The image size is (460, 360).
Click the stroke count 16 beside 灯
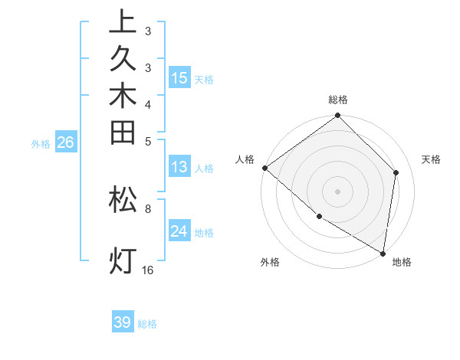[148, 270]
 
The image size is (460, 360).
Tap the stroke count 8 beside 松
[148, 208]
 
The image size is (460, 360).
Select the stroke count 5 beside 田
[148, 141]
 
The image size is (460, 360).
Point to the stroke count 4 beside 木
[148, 103]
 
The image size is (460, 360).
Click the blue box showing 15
[179, 78]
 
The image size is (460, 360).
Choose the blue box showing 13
[179, 167]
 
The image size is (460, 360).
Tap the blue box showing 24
[179, 231]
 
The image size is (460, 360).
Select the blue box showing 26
[66, 142]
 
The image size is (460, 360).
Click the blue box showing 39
[123, 322]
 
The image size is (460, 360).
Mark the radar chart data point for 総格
[338, 116]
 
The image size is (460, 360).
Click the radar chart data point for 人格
[264, 168]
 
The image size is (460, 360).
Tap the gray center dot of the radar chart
[338, 191]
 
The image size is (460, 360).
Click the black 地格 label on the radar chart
[402, 262]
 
